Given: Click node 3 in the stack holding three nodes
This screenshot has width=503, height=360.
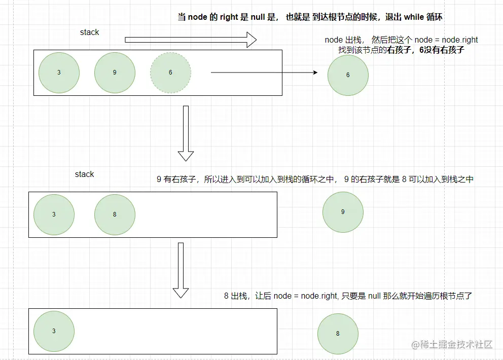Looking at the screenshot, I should coord(59,73).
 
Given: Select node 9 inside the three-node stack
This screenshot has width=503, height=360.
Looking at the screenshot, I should coord(115,73).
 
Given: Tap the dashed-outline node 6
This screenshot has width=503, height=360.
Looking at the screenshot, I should coord(170,73).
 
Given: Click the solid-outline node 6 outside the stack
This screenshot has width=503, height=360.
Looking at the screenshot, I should coord(348,75).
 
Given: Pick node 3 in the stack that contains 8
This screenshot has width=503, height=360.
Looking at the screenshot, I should coord(54,214).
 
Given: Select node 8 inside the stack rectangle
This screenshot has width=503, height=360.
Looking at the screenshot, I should coord(115,214).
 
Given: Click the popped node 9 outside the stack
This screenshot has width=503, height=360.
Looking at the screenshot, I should coord(343,212).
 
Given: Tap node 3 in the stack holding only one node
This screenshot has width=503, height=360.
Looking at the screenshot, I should coord(54,331).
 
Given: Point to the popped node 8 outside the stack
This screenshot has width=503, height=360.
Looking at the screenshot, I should coord(338,334).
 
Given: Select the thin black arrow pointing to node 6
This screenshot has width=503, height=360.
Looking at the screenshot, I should coord(264,73).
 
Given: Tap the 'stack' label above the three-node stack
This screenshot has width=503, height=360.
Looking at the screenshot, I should coord(89,32).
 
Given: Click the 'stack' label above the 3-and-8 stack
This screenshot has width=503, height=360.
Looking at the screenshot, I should coord(84,174).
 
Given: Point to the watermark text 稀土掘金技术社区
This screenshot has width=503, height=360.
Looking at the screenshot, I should coord(456,344).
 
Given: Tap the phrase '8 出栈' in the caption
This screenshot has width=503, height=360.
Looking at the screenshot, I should coord(235,296).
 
